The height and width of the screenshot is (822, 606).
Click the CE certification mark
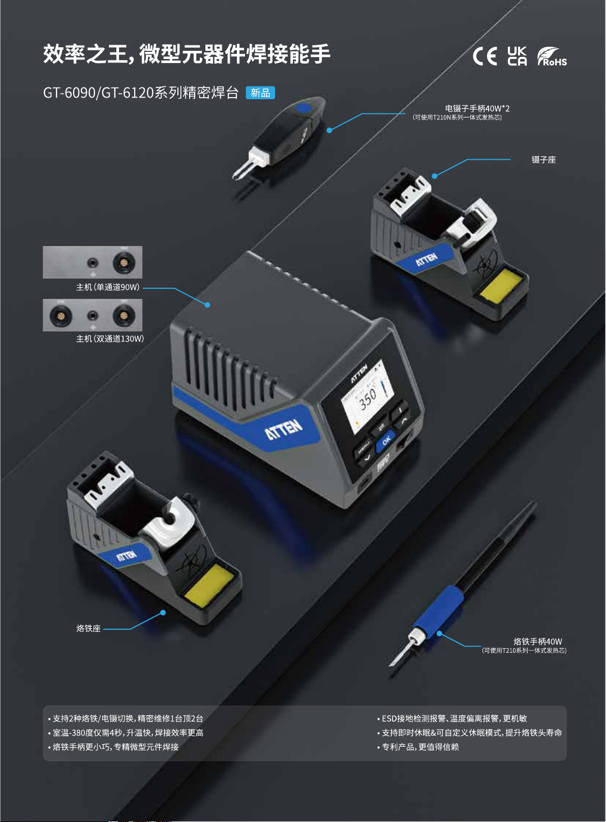click(x=484, y=56)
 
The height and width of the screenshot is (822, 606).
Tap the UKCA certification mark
click(x=517, y=56)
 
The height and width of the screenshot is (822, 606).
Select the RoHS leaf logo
click(x=552, y=56)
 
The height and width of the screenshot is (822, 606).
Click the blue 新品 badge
click(x=260, y=93)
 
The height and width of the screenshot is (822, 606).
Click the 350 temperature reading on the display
click(x=368, y=399)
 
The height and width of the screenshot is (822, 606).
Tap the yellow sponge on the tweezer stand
click(x=501, y=285)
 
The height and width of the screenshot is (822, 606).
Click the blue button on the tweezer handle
click(x=304, y=108)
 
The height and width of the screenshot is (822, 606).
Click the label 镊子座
click(x=543, y=160)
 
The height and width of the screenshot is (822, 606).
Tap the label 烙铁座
click(x=88, y=628)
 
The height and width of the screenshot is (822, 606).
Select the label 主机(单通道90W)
click(x=108, y=287)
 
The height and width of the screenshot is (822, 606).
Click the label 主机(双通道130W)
click(x=110, y=339)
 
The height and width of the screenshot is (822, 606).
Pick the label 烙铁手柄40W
click(x=538, y=642)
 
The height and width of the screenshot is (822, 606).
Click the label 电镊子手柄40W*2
click(x=477, y=109)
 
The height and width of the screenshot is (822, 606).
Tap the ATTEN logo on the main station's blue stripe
click(x=284, y=429)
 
